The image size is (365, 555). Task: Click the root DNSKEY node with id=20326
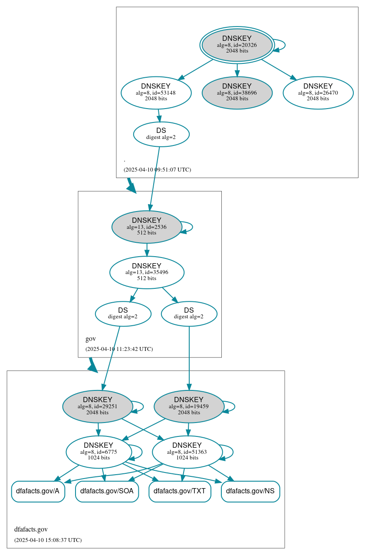click(237, 45)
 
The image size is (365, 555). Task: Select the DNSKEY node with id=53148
click(156, 92)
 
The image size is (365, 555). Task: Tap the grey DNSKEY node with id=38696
click(237, 92)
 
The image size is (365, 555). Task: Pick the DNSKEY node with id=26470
click(318, 92)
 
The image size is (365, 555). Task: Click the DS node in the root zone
click(161, 134)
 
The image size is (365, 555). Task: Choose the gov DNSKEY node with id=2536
click(147, 227)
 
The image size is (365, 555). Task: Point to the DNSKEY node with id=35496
click(147, 272)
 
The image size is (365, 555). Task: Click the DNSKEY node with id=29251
click(98, 406)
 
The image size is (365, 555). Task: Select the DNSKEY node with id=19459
click(189, 406)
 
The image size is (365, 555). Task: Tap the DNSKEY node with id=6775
click(99, 452)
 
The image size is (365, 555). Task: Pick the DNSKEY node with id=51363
click(187, 452)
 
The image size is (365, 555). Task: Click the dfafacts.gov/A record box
click(38, 491)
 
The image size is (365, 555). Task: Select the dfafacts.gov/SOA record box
click(107, 491)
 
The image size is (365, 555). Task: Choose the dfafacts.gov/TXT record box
click(180, 491)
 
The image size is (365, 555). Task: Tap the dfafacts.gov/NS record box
click(250, 491)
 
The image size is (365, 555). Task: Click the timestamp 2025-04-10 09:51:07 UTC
click(157, 169)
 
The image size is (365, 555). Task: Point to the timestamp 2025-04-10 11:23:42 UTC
click(119, 349)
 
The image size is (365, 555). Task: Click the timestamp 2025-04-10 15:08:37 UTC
click(48, 540)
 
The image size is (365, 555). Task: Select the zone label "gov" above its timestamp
click(90, 339)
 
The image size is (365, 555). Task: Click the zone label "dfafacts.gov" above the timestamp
click(31, 529)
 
